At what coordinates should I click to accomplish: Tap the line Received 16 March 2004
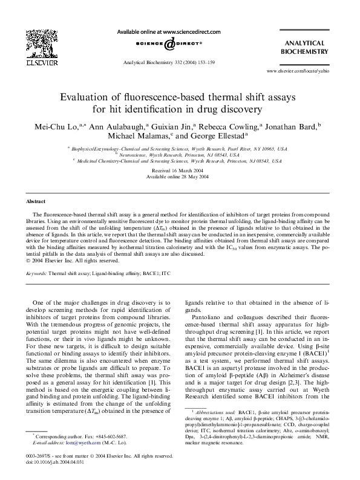[x=180, y=171]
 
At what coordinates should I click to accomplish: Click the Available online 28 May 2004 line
[x=180, y=178]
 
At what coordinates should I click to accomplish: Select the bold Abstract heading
[x=36, y=201]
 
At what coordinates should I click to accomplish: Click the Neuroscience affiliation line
[x=179, y=154]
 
